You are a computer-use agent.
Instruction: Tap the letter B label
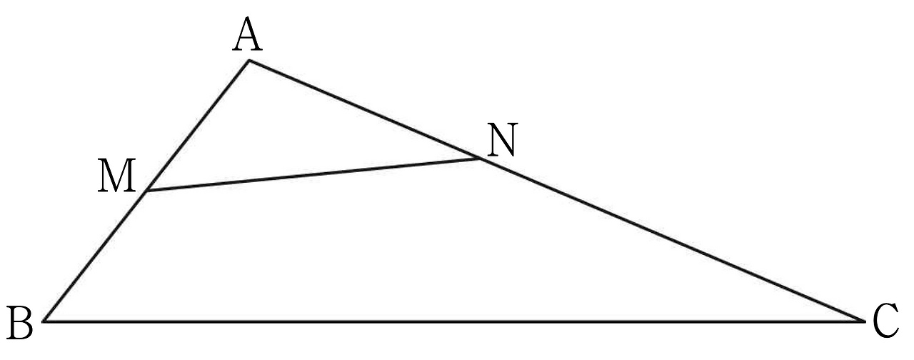[21, 323]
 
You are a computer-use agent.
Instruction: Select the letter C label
[886, 321]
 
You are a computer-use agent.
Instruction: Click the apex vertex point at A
[249, 61]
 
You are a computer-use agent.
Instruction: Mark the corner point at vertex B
[44, 321]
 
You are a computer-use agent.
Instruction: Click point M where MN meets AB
[146, 191]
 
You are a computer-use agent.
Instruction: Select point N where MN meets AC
[480, 159]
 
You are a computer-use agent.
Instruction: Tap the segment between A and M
[198, 126]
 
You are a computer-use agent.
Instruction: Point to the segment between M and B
[95, 256]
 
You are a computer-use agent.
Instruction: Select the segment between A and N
[364, 110]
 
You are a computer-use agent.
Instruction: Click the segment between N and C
[672, 240]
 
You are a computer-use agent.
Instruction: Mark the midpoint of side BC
[454, 321]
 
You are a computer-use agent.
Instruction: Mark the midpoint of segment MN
[313, 175]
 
